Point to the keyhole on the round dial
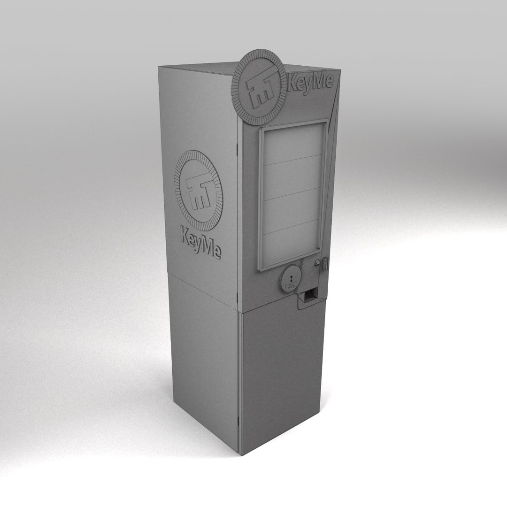tap(291, 277)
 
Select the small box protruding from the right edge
tap(325, 263)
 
